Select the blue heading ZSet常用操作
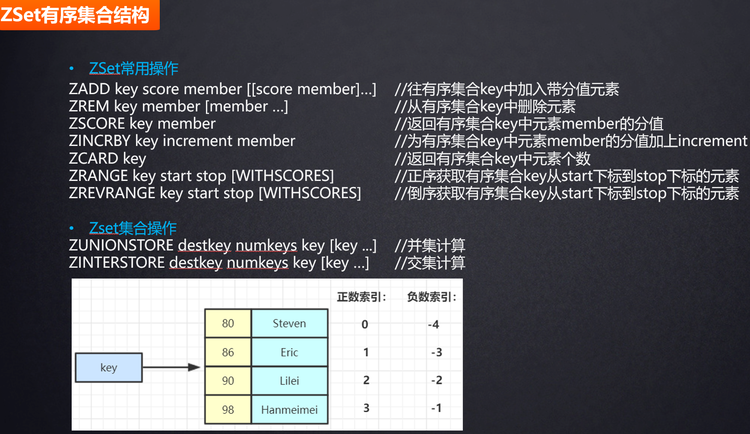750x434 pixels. coord(133,68)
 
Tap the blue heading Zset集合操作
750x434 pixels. coord(133,228)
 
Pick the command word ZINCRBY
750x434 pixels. coord(99,141)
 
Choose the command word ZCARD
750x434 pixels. coord(93,158)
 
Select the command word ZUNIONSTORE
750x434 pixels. coord(121,245)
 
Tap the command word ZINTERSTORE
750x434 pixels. coord(117,263)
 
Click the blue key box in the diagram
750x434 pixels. coord(109,367)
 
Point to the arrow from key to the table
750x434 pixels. coord(171,367)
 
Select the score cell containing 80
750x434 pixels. coord(228,323)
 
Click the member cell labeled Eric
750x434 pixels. coord(289,352)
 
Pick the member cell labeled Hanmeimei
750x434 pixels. coord(289,410)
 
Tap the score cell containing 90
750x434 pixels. coord(228,381)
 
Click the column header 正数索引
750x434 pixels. coord(361,297)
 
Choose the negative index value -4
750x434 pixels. coord(434,324)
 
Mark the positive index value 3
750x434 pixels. coord(366,408)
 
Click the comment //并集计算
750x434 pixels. coord(430,245)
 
